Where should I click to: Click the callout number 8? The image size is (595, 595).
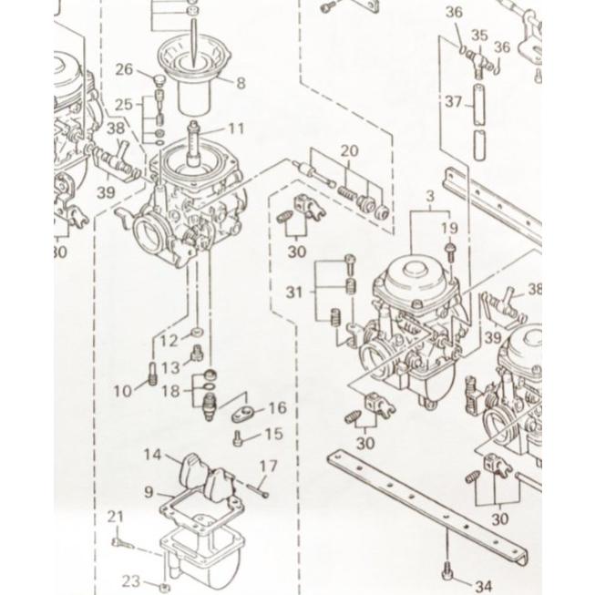pyautogui.click(x=241, y=84)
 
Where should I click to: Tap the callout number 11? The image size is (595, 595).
pyautogui.click(x=237, y=128)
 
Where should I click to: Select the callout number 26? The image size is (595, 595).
pyautogui.click(x=125, y=70)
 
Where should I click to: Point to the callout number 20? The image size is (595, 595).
pyautogui.click(x=350, y=150)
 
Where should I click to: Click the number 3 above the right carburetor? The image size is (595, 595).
pyautogui.click(x=429, y=197)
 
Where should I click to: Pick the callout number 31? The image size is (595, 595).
pyautogui.click(x=293, y=292)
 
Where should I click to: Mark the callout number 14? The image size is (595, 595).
pyautogui.click(x=152, y=454)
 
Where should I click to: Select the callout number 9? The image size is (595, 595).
pyautogui.click(x=149, y=493)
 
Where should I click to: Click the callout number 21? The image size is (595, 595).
pyautogui.click(x=115, y=518)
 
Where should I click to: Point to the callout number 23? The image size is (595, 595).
pyautogui.click(x=131, y=580)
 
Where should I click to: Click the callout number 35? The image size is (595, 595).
pyautogui.click(x=478, y=36)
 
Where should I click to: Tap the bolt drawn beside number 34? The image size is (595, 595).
pyautogui.click(x=446, y=572)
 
